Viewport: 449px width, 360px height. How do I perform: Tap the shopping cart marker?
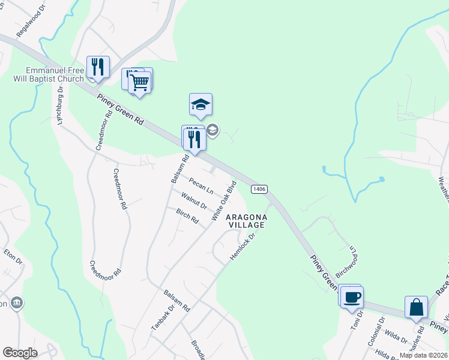click(x=140, y=82)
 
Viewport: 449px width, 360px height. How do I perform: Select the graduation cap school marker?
click(x=200, y=105)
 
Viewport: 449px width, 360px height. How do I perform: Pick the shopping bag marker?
click(x=416, y=307)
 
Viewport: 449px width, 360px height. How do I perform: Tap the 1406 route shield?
click(x=259, y=189)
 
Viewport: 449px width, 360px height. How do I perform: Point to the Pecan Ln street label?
click(x=201, y=185)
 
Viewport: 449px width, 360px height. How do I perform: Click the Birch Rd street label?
click(x=187, y=216)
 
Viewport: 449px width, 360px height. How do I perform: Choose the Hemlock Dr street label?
click(x=243, y=247)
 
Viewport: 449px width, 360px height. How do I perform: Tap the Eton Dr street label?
click(x=13, y=262)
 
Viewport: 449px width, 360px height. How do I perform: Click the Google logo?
click(x=20, y=353)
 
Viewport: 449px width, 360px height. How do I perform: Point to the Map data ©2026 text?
click(x=423, y=355)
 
